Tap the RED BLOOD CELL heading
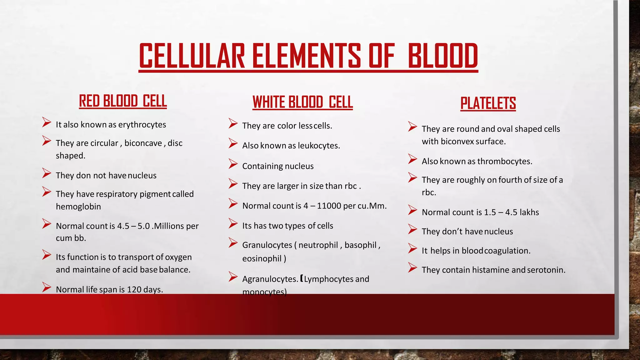click(123, 101)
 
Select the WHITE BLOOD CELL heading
click(302, 102)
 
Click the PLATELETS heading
click(488, 103)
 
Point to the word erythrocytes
click(142, 125)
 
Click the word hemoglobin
click(78, 207)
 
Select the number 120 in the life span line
click(134, 290)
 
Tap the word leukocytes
click(319, 146)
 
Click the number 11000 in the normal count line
click(329, 206)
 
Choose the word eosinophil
click(262, 259)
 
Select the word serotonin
click(546, 270)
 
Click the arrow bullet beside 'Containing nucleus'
click(233, 164)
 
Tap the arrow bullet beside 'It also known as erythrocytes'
click(47, 122)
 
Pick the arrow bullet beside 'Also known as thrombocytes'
click(412, 159)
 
